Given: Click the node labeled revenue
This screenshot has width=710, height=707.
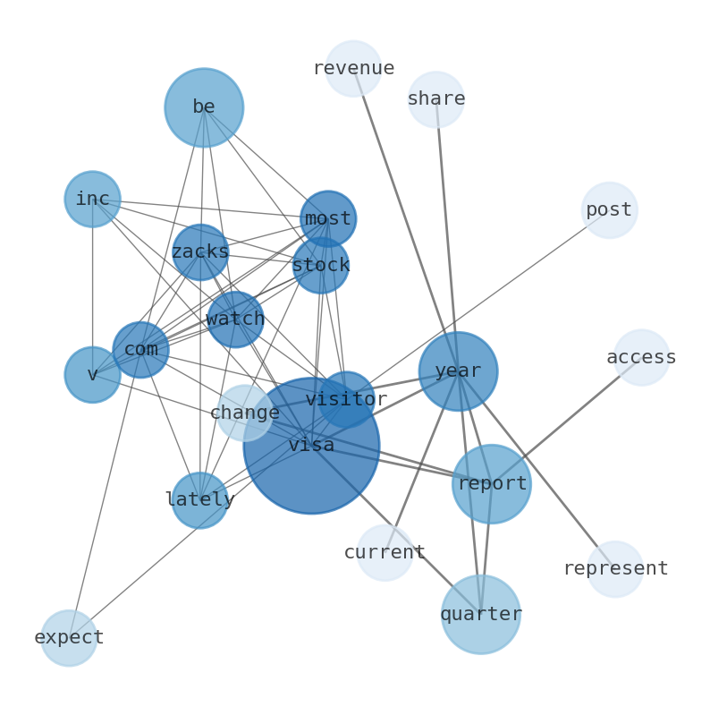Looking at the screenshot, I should click(x=353, y=68).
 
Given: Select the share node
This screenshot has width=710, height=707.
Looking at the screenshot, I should click(x=436, y=99).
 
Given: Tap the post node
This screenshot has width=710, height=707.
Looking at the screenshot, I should click(x=609, y=210).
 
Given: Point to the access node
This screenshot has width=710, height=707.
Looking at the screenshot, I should click(x=641, y=357).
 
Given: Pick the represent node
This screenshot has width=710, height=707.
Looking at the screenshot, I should click(x=615, y=568).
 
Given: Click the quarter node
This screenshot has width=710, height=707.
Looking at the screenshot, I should click(x=481, y=614).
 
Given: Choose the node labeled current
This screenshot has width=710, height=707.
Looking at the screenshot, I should click(x=385, y=552).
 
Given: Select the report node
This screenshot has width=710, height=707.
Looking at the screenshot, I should click(x=492, y=483).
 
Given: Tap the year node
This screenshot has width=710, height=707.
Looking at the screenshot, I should click(x=458, y=371).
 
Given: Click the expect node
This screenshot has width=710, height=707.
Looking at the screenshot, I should click(x=69, y=637).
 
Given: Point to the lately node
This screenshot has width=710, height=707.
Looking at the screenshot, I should click(x=199, y=499).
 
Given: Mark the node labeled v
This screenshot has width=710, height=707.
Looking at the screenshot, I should click(x=92, y=374).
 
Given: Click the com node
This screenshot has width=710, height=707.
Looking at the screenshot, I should click(x=140, y=349).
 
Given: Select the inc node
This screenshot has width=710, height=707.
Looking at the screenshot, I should click(x=92, y=199).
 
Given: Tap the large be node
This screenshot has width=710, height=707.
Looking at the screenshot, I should click(x=204, y=107).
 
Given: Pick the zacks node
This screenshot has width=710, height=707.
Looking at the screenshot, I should click(x=200, y=251).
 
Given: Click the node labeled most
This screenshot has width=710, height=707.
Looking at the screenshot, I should click(x=328, y=218).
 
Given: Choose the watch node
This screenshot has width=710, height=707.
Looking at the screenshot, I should click(x=235, y=319).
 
